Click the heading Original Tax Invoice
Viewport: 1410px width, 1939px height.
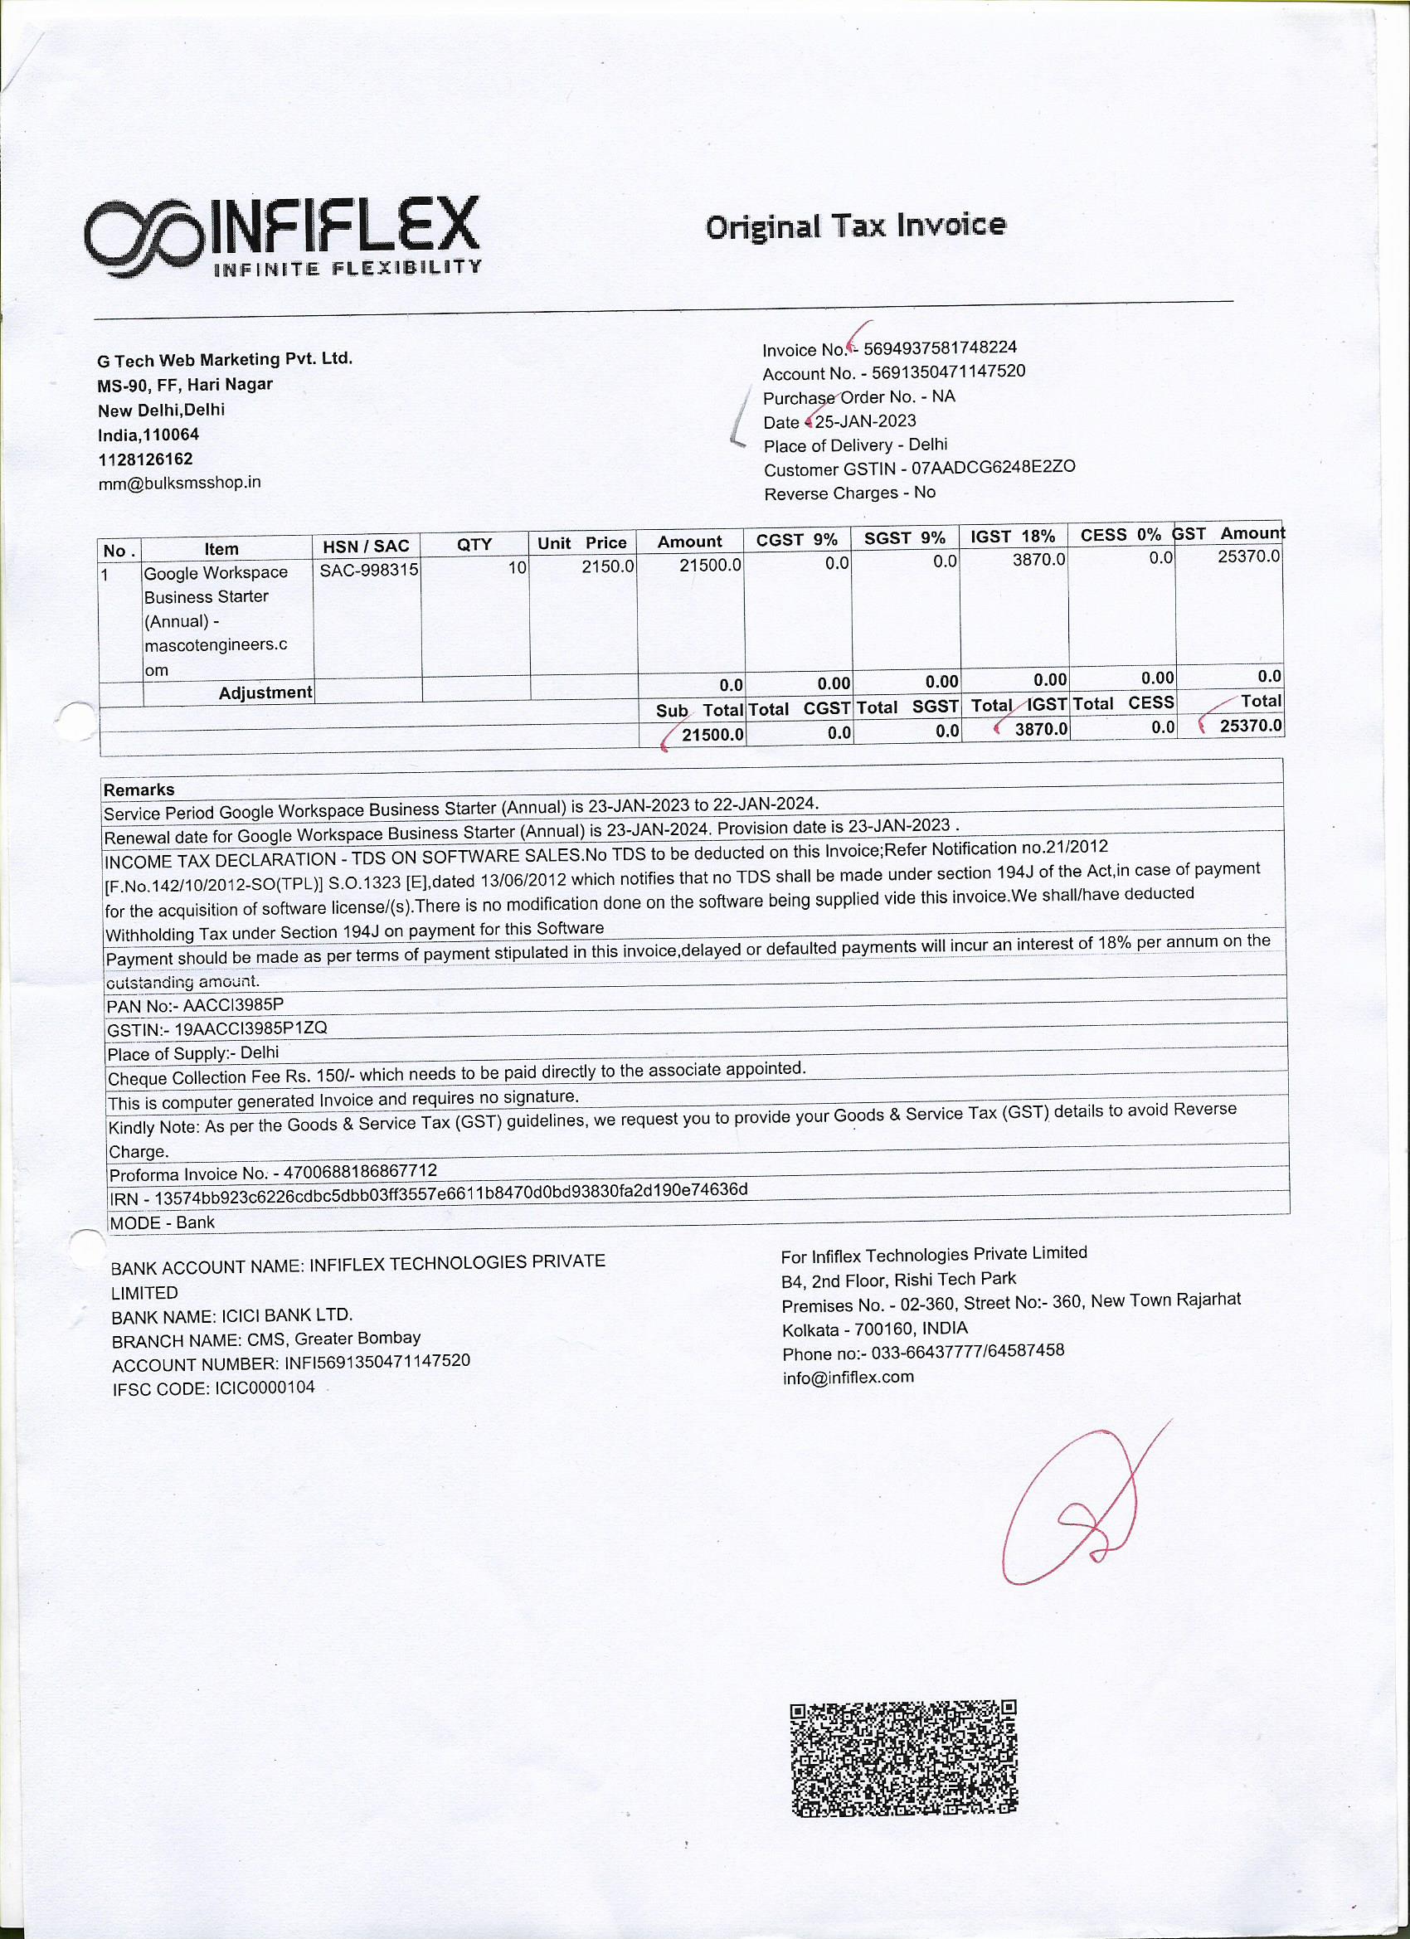point(855,226)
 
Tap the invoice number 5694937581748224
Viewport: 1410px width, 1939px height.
point(940,348)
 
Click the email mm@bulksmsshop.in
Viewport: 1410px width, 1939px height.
point(178,482)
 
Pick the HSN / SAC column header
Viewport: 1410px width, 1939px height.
point(366,546)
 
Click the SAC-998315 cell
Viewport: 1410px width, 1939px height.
point(368,570)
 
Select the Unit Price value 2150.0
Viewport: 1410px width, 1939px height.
point(608,566)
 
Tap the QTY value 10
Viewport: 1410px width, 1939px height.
point(517,566)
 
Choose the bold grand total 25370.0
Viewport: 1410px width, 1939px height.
point(1250,726)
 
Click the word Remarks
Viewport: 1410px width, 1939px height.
point(139,789)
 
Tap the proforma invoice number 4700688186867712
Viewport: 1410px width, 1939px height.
point(360,1170)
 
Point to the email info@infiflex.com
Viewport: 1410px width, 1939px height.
point(848,1378)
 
